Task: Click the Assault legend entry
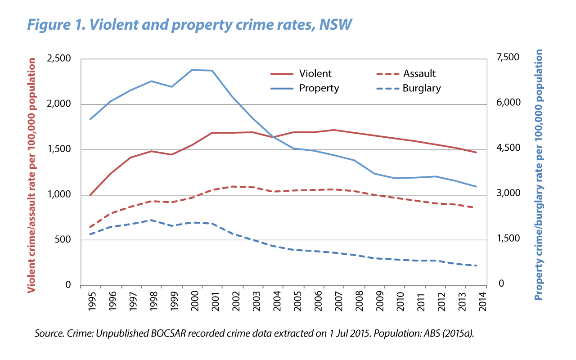point(419,74)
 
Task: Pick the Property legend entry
point(319,88)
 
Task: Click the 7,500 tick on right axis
point(508,58)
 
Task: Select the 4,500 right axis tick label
point(508,148)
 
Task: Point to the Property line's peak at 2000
point(192,70)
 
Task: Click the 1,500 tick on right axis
point(508,239)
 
